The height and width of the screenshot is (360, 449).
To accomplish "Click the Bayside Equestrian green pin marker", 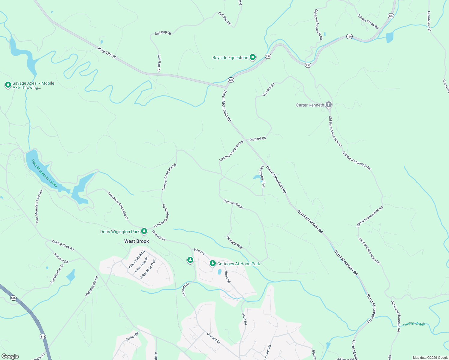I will (x=253, y=57).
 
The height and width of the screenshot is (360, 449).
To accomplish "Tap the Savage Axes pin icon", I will (x=8, y=85).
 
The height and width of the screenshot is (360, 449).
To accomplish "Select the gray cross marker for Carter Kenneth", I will (x=329, y=105).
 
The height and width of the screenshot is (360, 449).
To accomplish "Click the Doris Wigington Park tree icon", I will (x=144, y=231).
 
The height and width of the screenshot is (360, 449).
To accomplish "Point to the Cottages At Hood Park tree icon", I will (x=213, y=263).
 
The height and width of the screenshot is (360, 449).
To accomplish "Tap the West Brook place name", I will (x=137, y=241).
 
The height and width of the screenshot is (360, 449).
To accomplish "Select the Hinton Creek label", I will (x=414, y=324).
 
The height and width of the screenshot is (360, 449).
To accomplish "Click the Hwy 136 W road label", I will (x=107, y=52).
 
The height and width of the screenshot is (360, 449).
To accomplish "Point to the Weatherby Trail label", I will (x=262, y=176).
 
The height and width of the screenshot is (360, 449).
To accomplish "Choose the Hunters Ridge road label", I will (x=234, y=204).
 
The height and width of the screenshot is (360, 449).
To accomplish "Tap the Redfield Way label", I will (x=235, y=242).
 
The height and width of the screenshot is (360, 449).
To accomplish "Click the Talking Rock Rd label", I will (x=63, y=245).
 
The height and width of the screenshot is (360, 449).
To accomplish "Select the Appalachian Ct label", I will (x=57, y=274).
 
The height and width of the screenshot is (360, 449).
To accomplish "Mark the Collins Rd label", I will (x=132, y=336).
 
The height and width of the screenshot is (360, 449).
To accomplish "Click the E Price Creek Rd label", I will (x=368, y=21).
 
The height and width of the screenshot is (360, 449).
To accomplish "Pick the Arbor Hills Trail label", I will (x=148, y=269).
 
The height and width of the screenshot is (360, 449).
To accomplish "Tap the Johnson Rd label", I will (x=61, y=258).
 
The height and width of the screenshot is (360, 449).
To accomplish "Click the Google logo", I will (x=10, y=356).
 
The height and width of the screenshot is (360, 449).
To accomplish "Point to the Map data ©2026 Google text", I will (x=430, y=358).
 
